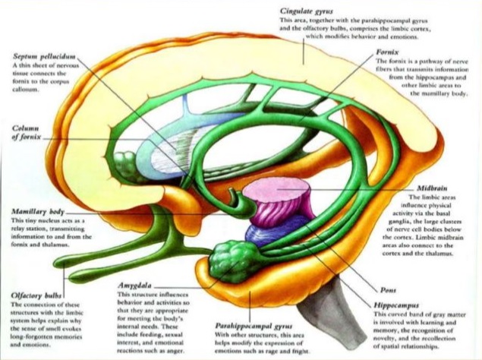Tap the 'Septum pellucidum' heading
[45, 57]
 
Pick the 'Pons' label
[389, 290]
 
